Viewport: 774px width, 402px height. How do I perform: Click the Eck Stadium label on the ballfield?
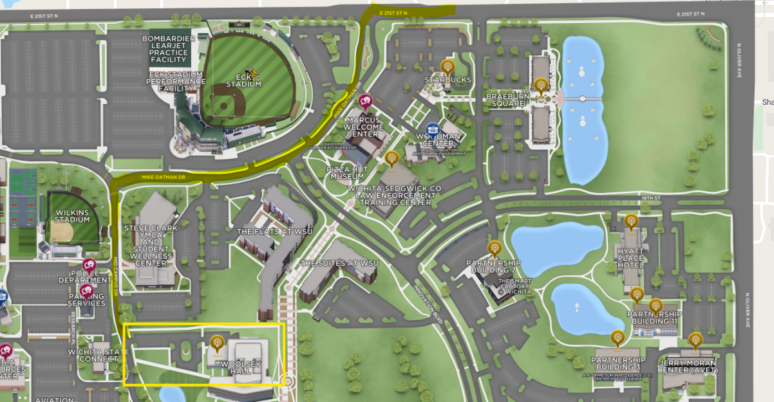(x=244, y=80)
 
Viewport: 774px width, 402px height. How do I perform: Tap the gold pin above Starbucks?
(x=448, y=66)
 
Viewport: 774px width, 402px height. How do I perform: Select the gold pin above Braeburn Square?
(x=541, y=85)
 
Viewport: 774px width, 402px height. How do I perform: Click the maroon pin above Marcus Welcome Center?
(x=366, y=102)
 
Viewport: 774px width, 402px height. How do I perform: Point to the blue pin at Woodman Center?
(x=433, y=129)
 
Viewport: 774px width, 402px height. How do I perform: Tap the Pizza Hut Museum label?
(x=346, y=172)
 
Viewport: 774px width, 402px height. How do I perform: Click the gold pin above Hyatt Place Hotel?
(x=631, y=222)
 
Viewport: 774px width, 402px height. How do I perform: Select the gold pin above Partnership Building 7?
(x=494, y=248)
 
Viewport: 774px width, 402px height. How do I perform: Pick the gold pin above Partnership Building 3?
(x=618, y=338)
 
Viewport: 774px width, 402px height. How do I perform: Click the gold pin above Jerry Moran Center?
(x=695, y=340)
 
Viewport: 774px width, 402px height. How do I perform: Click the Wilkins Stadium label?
(x=71, y=215)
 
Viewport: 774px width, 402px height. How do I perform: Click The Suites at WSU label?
(x=339, y=263)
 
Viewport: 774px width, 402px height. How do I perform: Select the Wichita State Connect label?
(x=93, y=356)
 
